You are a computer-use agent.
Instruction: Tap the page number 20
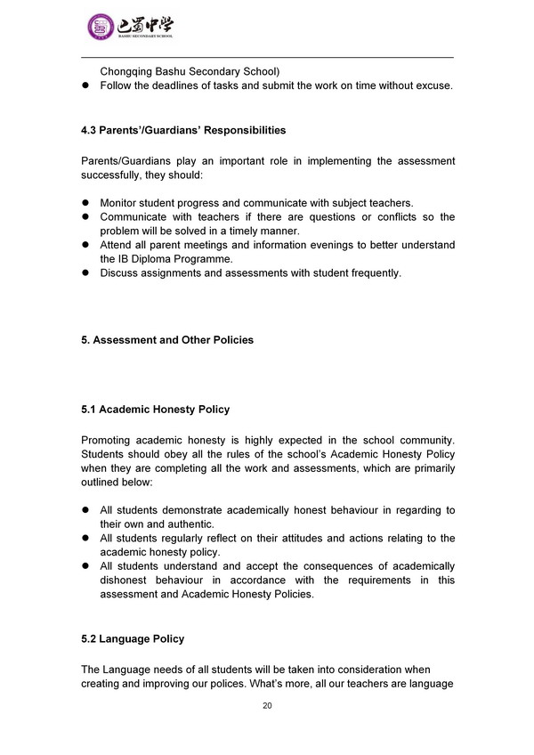(x=267, y=705)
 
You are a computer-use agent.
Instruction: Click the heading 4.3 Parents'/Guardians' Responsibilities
(x=183, y=131)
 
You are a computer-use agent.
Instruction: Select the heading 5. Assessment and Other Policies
(x=167, y=340)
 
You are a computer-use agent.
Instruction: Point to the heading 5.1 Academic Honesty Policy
(x=155, y=410)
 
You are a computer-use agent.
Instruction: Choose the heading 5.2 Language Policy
(x=133, y=639)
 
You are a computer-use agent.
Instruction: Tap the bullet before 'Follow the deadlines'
(x=86, y=85)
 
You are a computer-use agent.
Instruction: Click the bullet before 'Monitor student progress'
(x=86, y=203)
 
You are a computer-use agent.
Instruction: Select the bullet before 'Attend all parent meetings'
(x=86, y=245)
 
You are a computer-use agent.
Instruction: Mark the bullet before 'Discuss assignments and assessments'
(x=86, y=273)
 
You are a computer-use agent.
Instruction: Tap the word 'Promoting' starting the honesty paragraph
(x=109, y=440)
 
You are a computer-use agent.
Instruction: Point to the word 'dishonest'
(x=124, y=580)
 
